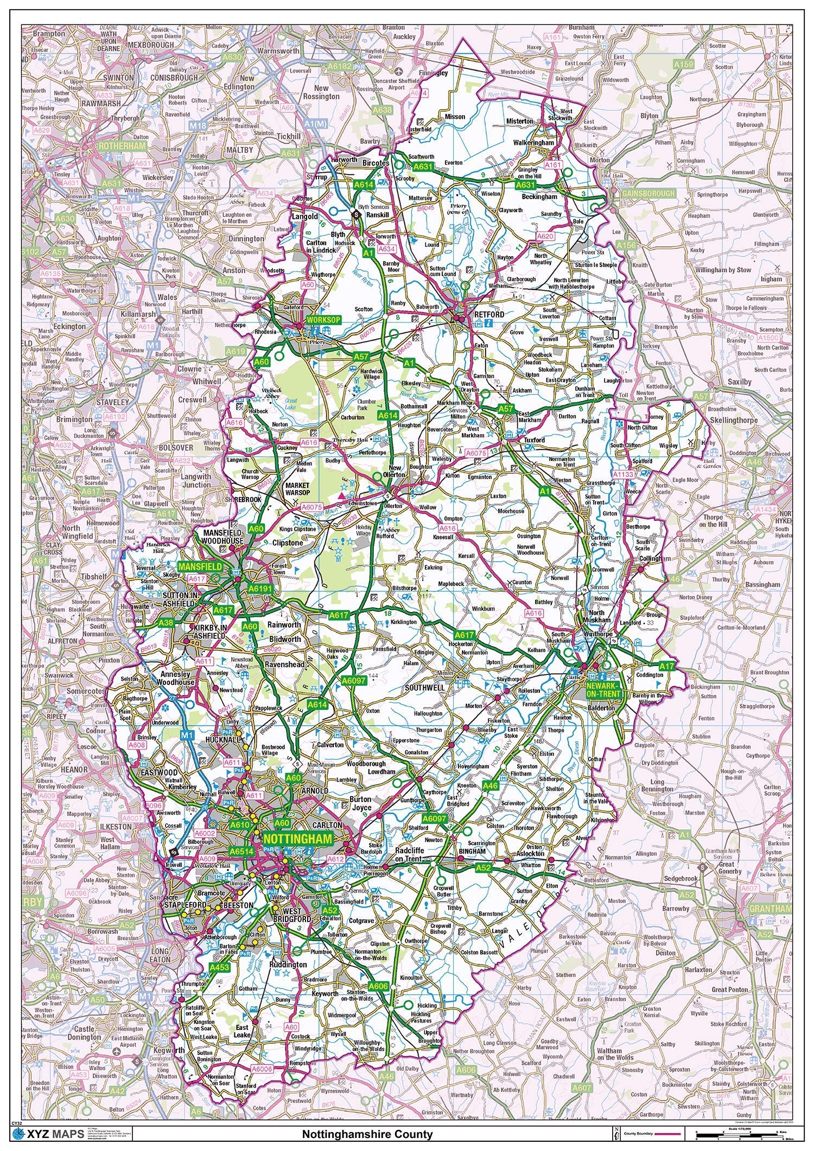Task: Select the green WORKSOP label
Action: click(x=323, y=320)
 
